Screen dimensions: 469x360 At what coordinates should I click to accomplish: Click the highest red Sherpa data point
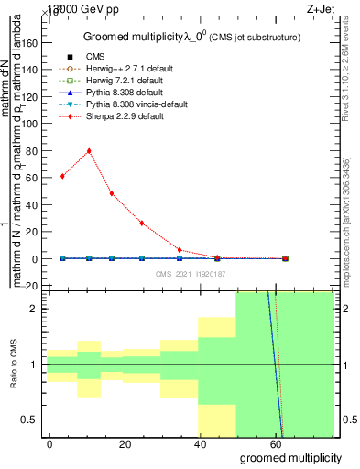click(x=89, y=151)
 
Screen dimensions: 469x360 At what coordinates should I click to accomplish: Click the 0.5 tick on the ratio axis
click(x=35, y=420)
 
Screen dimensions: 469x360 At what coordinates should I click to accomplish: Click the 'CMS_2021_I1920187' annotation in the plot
click(x=189, y=274)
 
